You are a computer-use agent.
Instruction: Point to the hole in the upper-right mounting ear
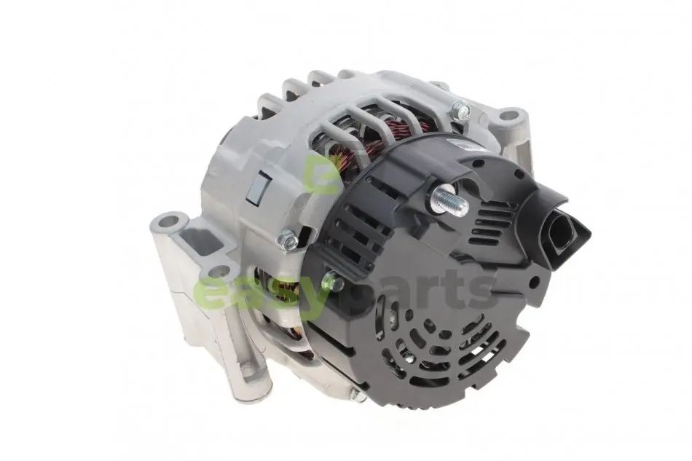(511, 116)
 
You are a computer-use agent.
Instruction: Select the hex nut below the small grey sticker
(287, 240)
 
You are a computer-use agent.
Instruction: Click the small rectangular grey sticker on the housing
(258, 188)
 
